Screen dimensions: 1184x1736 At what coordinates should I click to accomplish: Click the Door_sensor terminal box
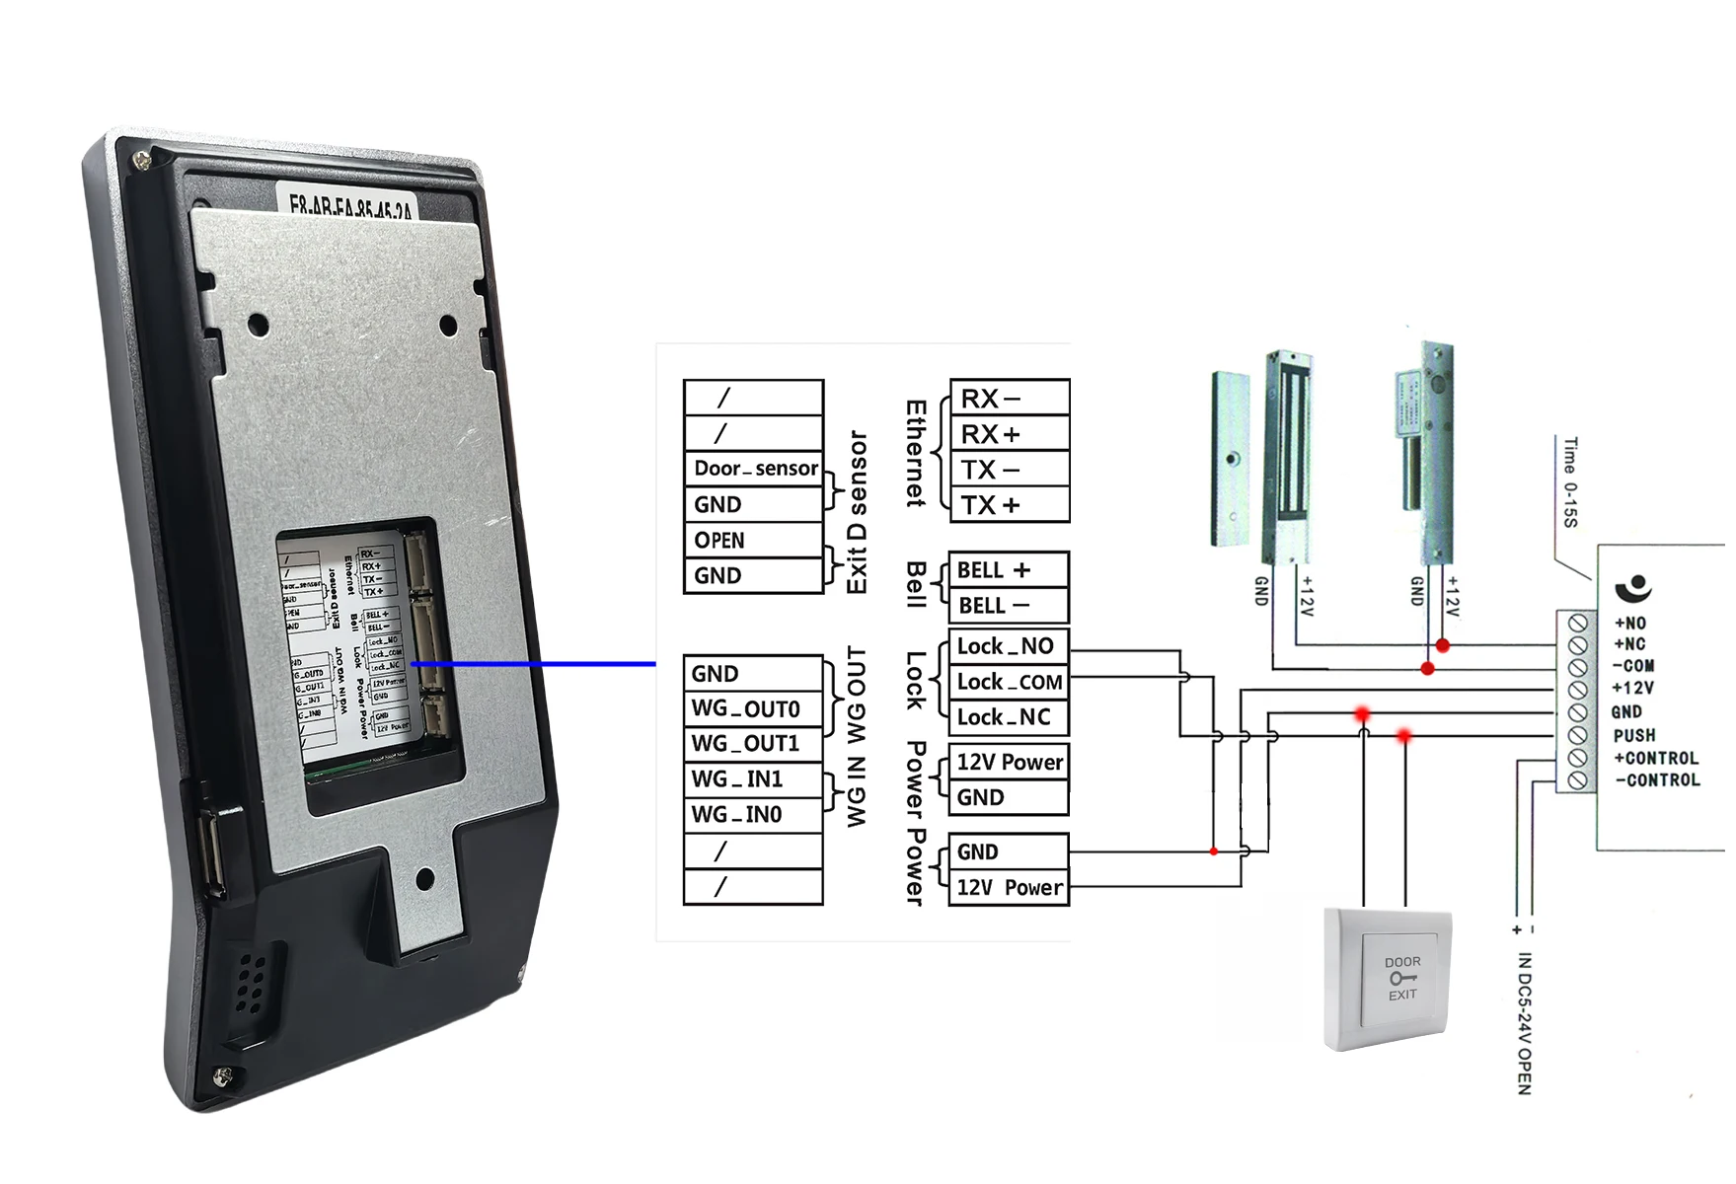coord(754,468)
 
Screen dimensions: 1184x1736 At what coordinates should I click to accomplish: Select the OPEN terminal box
coord(754,540)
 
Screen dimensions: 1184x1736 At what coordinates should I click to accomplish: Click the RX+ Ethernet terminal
coord(1009,434)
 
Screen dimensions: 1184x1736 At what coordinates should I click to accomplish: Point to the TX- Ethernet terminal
coord(1009,470)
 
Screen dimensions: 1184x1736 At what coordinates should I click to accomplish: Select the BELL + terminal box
coord(1007,570)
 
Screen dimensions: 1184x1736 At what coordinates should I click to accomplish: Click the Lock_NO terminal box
coord(1007,646)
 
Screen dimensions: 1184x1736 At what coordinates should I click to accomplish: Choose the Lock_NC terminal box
coord(1007,717)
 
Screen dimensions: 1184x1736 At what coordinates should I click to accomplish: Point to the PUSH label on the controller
coord(1634,735)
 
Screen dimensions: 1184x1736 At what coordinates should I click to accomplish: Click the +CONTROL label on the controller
coord(1656,758)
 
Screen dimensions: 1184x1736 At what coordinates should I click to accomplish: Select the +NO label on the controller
coord(1629,623)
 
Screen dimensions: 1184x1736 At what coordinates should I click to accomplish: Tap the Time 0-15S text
coord(1570,481)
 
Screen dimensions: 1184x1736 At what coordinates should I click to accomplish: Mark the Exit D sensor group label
coord(858,511)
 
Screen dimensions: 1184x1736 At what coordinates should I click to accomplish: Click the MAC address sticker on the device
coord(350,206)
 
